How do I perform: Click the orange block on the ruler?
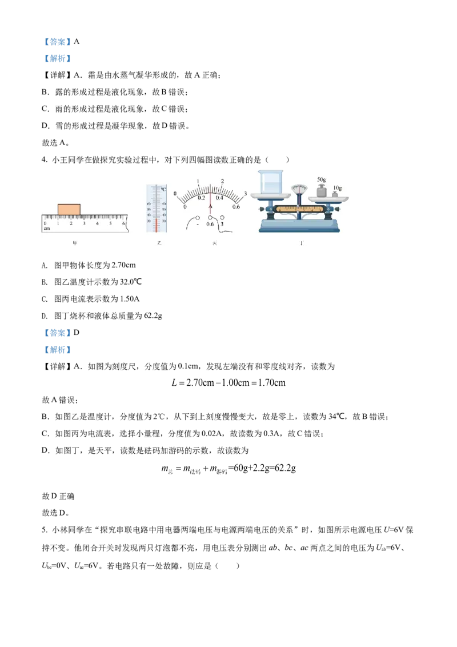point(69,209)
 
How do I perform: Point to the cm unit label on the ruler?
point(47,228)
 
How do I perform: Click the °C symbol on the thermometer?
point(163,189)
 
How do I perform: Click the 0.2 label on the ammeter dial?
point(201,198)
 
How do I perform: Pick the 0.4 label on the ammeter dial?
point(219,198)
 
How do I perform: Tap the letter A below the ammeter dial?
point(210,206)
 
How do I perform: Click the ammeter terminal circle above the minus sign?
point(197,218)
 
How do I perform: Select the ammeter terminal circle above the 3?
point(222,218)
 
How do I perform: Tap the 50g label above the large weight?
point(321,179)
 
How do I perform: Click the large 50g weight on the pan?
point(321,191)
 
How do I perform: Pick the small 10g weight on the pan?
point(335,194)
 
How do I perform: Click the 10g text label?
point(338,187)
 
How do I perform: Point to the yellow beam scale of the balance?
point(300,209)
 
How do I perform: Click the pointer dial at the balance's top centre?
point(298,189)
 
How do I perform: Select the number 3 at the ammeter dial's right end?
point(245,194)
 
